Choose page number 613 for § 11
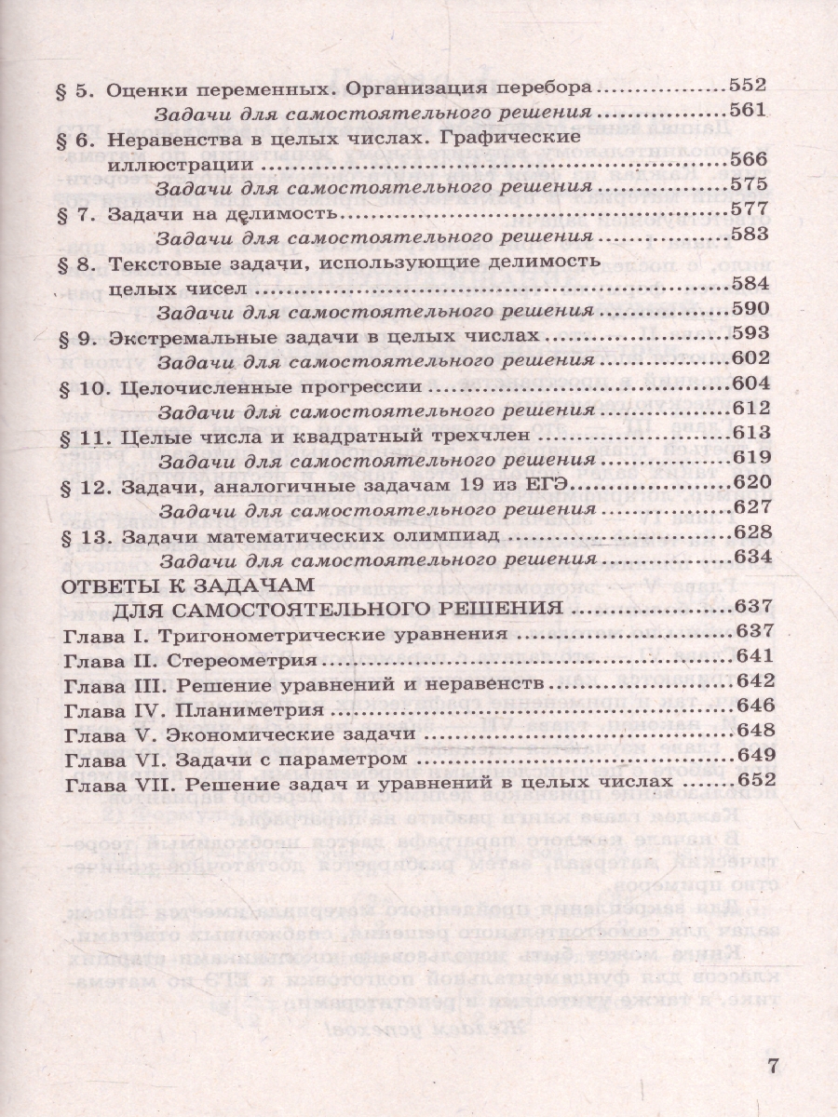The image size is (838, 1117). click(748, 433)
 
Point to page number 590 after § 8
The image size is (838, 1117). click(748, 309)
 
